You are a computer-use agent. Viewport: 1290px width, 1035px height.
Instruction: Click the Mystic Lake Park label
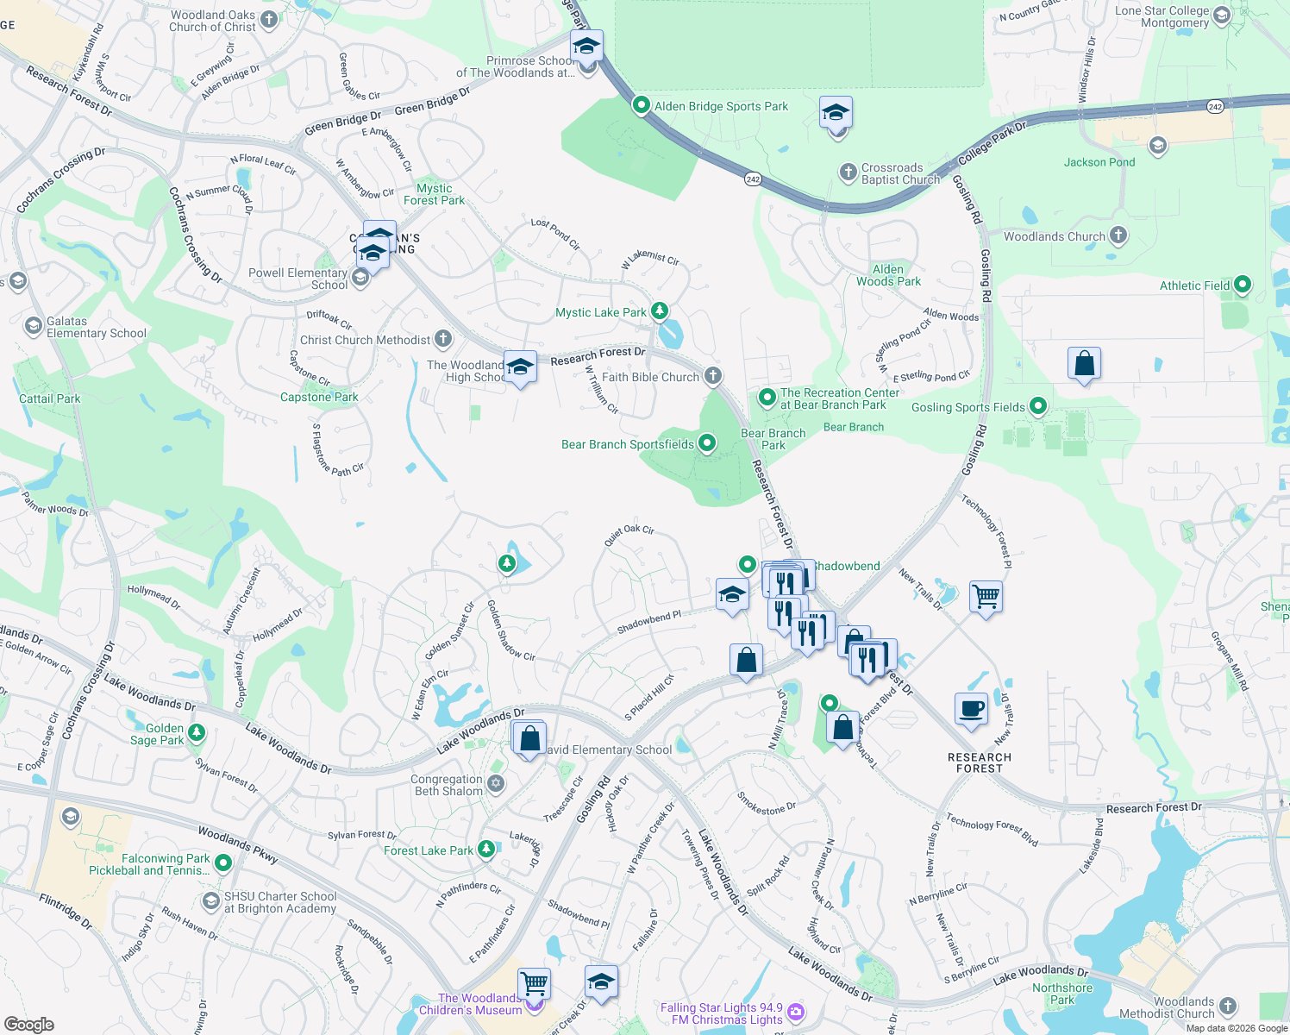click(x=601, y=312)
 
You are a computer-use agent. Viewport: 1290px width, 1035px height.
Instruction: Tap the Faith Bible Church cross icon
click(x=712, y=376)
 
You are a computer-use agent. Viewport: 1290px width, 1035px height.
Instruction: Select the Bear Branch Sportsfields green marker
click(x=707, y=443)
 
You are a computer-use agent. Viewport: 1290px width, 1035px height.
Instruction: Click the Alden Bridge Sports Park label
click(x=721, y=106)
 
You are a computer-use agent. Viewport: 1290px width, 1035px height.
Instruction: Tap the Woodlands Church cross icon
click(x=1118, y=235)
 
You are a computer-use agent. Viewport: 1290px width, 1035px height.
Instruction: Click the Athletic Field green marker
click(x=1243, y=284)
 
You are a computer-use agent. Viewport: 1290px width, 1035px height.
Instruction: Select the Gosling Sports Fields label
click(x=968, y=407)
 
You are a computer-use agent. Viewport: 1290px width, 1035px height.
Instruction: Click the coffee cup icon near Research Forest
click(x=972, y=709)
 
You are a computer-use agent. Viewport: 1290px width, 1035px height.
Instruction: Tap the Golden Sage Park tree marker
click(x=197, y=733)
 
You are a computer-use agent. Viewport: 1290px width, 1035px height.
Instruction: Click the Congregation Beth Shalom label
click(x=447, y=785)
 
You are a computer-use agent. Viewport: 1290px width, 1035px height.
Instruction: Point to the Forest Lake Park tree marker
click(x=486, y=850)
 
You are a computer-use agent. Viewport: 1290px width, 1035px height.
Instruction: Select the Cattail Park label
click(x=50, y=398)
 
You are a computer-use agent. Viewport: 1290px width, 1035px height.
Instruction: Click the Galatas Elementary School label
click(x=96, y=327)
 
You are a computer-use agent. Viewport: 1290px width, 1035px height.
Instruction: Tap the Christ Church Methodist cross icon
click(x=443, y=339)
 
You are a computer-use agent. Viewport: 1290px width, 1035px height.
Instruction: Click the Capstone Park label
click(x=319, y=397)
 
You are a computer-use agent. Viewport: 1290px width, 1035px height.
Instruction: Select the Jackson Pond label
click(x=1099, y=162)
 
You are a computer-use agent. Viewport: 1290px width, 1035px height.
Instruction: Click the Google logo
click(x=28, y=1025)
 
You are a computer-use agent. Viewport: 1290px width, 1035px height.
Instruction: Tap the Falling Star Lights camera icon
click(x=796, y=1012)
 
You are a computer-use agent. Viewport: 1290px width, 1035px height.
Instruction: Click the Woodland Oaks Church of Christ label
click(x=213, y=21)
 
